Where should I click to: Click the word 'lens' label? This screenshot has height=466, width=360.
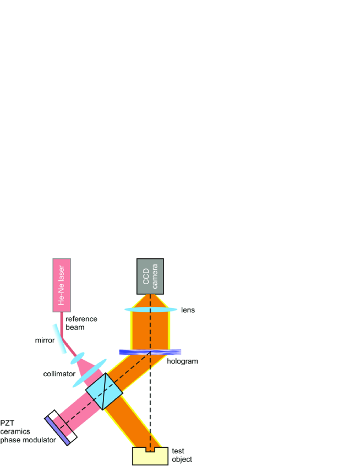tap(188, 310)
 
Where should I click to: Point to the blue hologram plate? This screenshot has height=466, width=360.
tap(150, 351)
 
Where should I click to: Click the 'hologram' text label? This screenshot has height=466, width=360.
tap(184, 361)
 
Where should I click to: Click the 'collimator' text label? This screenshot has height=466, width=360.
tap(59, 374)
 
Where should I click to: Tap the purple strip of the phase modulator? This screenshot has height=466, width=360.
tap(57, 431)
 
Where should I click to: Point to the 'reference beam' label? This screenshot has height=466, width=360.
tap(81, 323)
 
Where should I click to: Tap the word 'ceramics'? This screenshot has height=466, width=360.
tap(16, 431)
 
